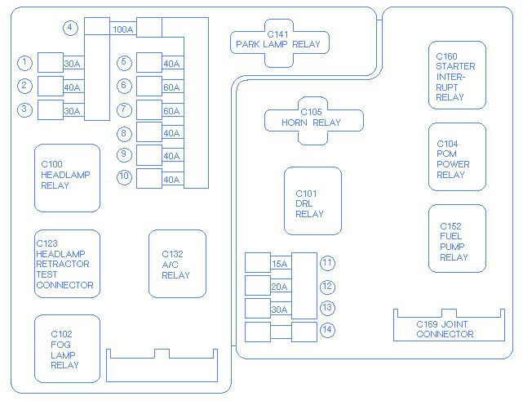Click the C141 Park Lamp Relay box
pyautogui.click(x=280, y=43)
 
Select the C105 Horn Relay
pyautogui.click(x=313, y=121)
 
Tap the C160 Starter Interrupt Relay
pyautogui.click(x=457, y=75)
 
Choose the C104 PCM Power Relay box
pyautogui.click(x=457, y=157)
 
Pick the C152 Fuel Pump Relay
pyautogui.click(x=457, y=238)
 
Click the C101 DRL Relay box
pyautogui.click(x=312, y=201)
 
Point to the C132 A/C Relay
pyautogui.click(x=177, y=264)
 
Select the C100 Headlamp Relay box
pyautogui.click(x=67, y=178)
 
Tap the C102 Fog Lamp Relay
pyautogui.click(x=67, y=349)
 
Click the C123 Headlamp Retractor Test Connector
pyautogui.click(x=67, y=264)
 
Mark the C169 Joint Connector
pyautogui.click(x=449, y=325)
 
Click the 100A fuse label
pyautogui.click(x=123, y=29)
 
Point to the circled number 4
pyautogui.click(x=70, y=28)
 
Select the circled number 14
pyautogui.click(x=327, y=330)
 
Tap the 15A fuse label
pyautogui.click(x=280, y=264)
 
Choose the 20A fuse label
pyautogui.click(x=280, y=287)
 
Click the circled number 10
pyautogui.click(x=124, y=177)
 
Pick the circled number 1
pyautogui.click(x=25, y=63)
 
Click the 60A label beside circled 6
pyautogui.click(x=172, y=87)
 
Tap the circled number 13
pyautogui.click(x=327, y=308)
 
